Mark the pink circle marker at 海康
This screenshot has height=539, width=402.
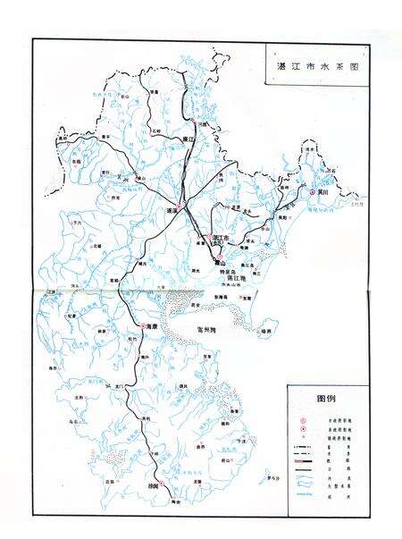140,325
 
